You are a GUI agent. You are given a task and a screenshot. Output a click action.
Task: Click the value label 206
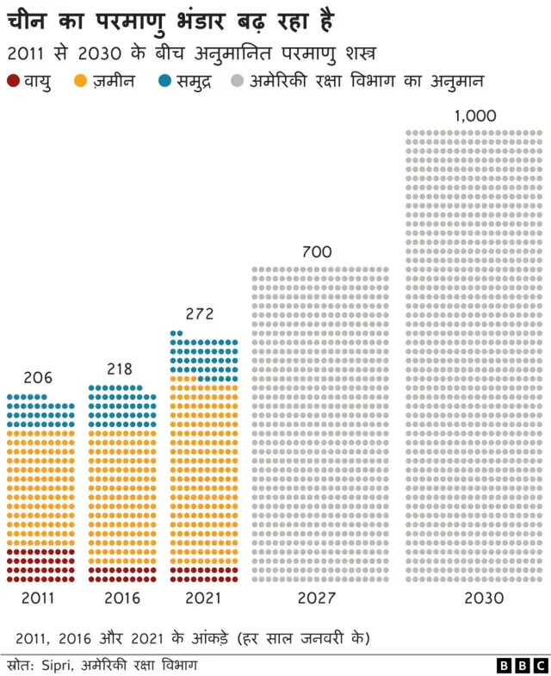click(x=38, y=377)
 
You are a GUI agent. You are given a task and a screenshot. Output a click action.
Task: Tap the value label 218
click(x=120, y=369)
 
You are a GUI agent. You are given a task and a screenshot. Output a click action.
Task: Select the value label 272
click(x=200, y=314)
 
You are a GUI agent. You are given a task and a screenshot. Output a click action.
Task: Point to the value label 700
click(x=317, y=252)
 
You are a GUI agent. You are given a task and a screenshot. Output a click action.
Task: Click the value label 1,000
click(x=474, y=115)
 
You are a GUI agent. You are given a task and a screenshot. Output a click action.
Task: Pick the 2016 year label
click(x=121, y=598)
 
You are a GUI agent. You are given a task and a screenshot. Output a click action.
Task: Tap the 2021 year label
click(x=202, y=598)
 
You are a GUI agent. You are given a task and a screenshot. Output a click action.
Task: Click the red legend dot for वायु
click(x=12, y=82)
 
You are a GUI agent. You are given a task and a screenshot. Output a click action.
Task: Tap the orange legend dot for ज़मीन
click(x=81, y=82)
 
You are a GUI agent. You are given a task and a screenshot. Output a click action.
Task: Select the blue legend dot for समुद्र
click(x=164, y=82)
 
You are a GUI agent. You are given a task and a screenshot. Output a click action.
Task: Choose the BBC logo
click(x=522, y=665)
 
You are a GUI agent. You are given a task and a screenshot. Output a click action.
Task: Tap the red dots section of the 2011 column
click(x=40, y=565)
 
